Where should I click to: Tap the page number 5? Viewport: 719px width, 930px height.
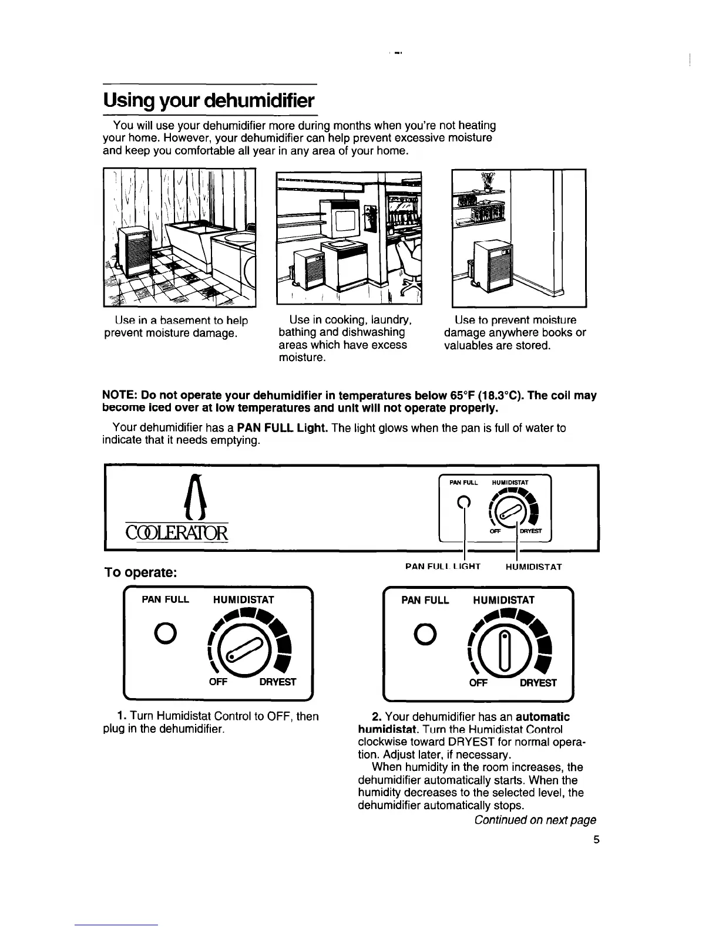[x=596, y=840]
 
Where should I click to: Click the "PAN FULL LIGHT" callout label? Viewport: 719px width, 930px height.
[x=443, y=567]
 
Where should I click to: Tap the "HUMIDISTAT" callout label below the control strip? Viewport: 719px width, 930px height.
[x=533, y=567]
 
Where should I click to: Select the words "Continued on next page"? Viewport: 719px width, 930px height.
[x=535, y=820]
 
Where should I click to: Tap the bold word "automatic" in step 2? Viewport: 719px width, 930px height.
[x=543, y=717]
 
